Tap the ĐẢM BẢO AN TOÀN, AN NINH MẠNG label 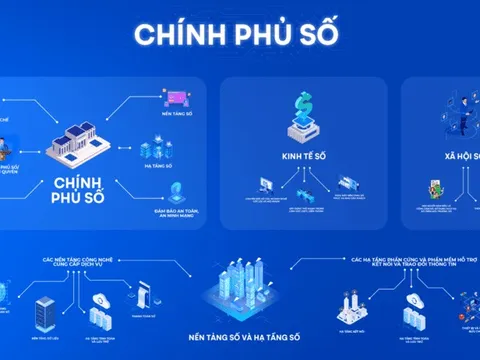click(173, 213)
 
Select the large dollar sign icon click(302, 109)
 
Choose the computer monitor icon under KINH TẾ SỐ click(268, 188)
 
